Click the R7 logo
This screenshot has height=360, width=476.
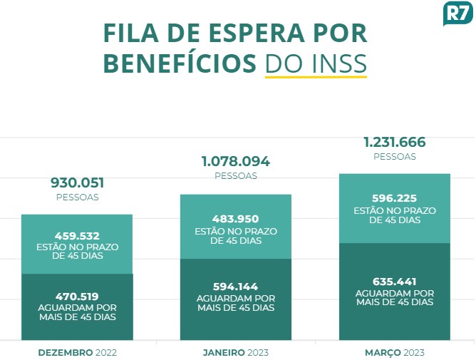457,14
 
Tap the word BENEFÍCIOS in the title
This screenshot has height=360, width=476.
179,63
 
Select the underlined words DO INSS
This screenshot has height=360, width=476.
316,63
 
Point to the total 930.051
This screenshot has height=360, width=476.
77,182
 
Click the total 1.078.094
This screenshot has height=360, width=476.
236,161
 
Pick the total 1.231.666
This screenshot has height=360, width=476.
395,142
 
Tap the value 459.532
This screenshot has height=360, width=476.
77,235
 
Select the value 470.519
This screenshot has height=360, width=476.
77,296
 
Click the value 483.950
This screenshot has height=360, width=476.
236,219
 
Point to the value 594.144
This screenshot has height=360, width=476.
236,287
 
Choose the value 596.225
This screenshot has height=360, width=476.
395,198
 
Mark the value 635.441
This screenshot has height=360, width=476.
395,281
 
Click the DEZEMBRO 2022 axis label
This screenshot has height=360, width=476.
77,352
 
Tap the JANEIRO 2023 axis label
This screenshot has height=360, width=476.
236,352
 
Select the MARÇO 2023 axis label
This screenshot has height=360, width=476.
395,352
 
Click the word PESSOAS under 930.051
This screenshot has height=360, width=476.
77,197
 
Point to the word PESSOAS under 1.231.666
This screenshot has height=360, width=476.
395,156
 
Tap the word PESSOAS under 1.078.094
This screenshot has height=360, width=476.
236,175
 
